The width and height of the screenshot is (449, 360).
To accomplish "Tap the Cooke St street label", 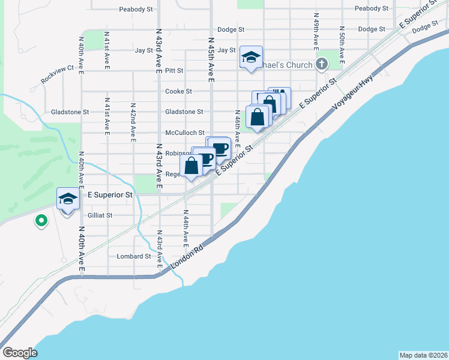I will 178,91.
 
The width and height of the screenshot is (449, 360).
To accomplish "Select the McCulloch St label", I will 185,133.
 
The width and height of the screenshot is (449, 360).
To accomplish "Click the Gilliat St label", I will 100,215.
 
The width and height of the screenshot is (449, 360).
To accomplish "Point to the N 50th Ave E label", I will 341,46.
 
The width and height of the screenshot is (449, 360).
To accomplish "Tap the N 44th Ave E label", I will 186,229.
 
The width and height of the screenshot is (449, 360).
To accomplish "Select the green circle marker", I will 41,221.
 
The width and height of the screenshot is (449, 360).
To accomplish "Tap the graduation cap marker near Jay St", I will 251,57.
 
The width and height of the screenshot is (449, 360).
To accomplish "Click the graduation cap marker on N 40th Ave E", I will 68,199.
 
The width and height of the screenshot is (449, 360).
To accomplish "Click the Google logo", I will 20,353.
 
